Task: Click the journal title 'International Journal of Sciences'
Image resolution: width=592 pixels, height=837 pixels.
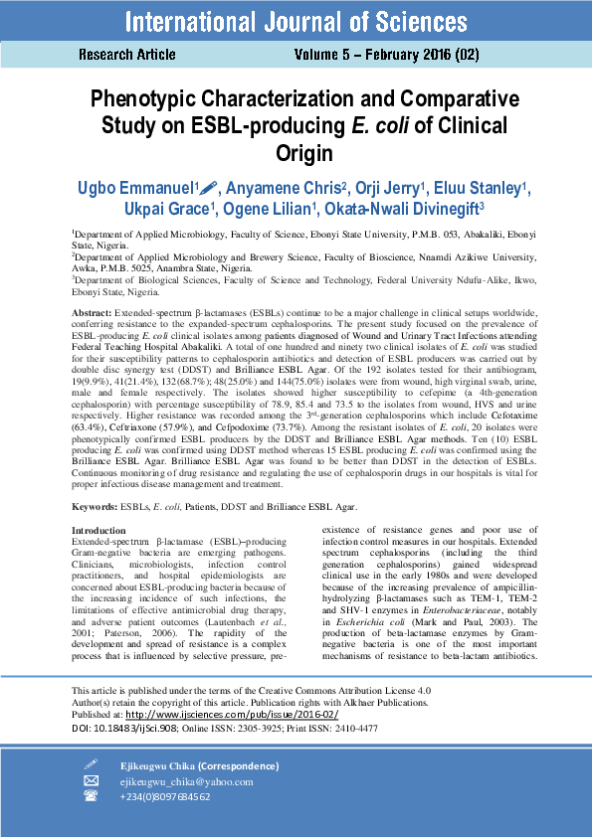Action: pyautogui.click(x=296, y=21)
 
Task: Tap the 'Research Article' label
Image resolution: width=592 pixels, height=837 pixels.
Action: pyautogui.click(x=127, y=55)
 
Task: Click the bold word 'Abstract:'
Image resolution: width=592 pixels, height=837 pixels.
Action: pyautogui.click(x=92, y=313)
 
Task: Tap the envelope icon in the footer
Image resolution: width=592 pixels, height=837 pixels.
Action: pyautogui.click(x=92, y=781)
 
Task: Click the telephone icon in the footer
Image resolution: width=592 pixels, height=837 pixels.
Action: pyautogui.click(x=92, y=797)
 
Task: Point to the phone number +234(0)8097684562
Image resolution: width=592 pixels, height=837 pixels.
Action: pyautogui.click(x=164, y=797)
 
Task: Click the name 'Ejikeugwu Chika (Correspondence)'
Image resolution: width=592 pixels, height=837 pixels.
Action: pyautogui.click(x=199, y=765)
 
